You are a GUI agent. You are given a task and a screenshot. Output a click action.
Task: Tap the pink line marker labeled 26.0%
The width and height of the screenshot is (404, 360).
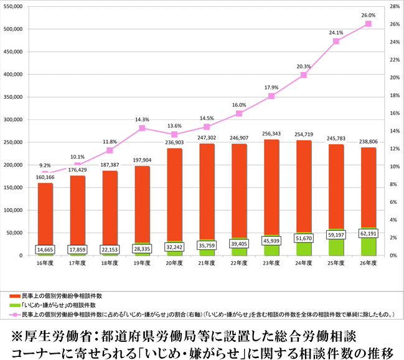pyautogui.click(x=369, y=24)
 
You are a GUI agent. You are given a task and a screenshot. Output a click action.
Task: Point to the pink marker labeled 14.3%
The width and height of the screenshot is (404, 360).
pyautogui.click(x=142, y=128)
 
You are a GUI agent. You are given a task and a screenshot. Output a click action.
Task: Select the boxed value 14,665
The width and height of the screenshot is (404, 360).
pyautogui.click(x=45, y=249)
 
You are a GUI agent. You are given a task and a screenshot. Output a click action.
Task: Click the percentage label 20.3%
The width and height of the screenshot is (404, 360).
pyautogui.click(x=304, y=67)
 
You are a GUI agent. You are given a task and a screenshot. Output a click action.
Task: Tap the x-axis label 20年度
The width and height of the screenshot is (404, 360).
pyautogui.click(x=174, y=264)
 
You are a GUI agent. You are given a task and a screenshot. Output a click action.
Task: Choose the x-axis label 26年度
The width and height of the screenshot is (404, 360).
pyautogui.click(x=369, y=264)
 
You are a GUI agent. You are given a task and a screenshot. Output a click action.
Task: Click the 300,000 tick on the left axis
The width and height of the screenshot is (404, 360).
pyautogui.click(x=13, y=119)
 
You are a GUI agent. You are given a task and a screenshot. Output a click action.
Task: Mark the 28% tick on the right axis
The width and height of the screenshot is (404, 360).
pyautogui.click(x=393, y=6)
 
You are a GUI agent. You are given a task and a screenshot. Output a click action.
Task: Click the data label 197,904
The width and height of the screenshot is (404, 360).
pyautogui.click(x=142, y=160)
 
